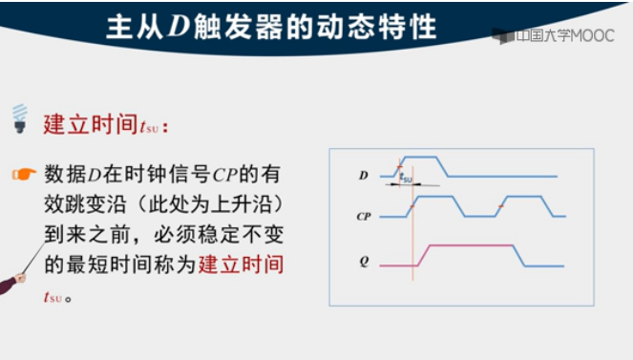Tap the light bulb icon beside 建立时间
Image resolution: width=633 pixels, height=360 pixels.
[19, 118]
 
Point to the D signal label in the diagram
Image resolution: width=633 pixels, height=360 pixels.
[364, 176]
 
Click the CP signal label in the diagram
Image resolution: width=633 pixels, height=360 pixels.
[364, 217]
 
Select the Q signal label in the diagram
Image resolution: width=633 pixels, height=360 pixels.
[364, 259]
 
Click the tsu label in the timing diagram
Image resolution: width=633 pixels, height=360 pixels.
[406, 178]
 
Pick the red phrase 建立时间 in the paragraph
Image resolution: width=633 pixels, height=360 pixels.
[242, 265]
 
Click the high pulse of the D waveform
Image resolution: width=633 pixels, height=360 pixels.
[421, 157]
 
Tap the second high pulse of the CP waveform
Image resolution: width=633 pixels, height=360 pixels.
[524, 197]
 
